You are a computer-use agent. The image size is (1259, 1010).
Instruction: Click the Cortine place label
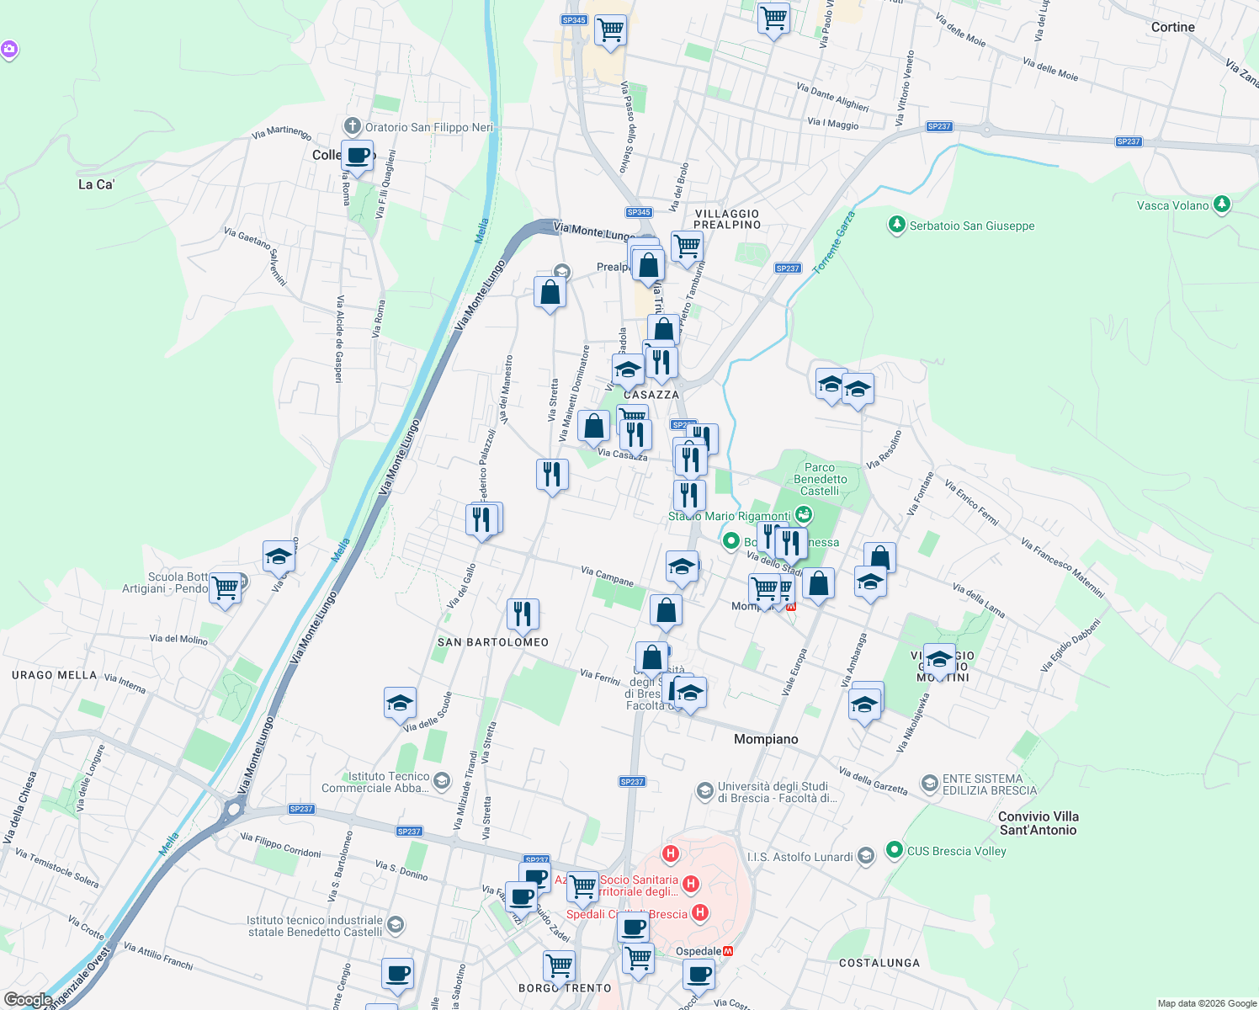pos(1172,27)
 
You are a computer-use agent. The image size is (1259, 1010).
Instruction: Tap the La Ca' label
pos(96,184)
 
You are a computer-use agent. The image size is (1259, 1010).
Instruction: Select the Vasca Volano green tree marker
pos(1222,205)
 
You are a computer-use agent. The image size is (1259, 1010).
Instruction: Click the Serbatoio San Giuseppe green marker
pos(897,225)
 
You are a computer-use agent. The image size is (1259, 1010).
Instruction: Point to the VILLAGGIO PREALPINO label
pos(727,219)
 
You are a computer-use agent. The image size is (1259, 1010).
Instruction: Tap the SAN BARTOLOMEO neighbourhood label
pos(493,642)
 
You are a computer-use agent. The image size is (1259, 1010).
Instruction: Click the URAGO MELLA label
pos(55,675)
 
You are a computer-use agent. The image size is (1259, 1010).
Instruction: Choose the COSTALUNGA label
pos(879,963)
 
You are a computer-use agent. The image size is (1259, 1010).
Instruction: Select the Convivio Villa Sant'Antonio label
pos(1038,823)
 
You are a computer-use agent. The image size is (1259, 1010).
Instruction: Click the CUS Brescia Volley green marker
pos(895,850)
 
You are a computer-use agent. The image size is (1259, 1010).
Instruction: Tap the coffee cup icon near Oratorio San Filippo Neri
pos(358,156)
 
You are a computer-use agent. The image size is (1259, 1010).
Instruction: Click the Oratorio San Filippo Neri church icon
pos(353,127)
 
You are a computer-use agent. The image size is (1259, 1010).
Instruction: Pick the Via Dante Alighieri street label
pos(832,97)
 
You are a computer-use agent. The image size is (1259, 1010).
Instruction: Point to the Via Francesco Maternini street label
pos(1062,568)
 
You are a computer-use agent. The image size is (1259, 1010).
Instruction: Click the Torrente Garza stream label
pos(834,242)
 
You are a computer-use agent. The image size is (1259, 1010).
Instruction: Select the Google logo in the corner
pos(28,1000)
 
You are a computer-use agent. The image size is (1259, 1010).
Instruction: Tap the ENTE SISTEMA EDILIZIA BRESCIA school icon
pos(929,784)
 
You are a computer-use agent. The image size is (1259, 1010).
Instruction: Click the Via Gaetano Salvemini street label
pos(255,256)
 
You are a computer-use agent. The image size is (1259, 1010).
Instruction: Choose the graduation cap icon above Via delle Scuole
pos(400,701)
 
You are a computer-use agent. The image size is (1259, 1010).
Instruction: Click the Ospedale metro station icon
pos(729,951)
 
